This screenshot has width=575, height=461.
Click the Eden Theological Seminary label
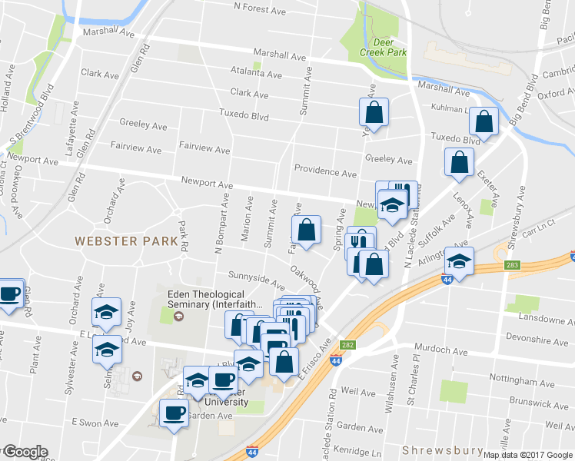coord(206,300)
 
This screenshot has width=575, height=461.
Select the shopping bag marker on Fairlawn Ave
coord(306,230)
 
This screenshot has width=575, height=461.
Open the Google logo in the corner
coord(25,452)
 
